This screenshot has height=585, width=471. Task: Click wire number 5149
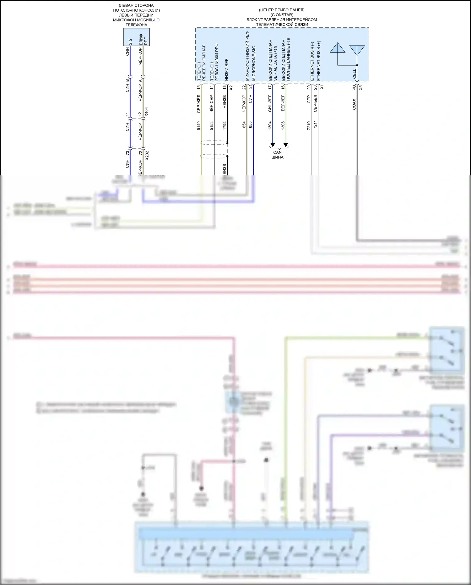(198, 126)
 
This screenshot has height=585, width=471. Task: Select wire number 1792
(224, 126)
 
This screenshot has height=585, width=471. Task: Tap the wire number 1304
(270, 126)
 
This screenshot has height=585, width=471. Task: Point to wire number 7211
(315, 124)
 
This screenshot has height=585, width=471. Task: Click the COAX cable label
(354, 104)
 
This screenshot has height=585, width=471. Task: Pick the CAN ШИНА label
(277, 155)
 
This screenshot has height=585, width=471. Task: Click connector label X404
(147, 112)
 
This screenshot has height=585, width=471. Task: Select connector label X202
(147, 155)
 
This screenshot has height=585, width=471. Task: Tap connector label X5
(360, 88)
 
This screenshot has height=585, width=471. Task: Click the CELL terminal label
(355, 74)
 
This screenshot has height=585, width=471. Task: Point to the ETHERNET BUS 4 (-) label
(312, 62)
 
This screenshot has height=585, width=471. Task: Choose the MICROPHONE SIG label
(254, 63)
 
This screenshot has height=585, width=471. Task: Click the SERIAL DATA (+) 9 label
(275, 63)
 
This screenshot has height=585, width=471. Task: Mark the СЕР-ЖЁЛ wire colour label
(198, 104)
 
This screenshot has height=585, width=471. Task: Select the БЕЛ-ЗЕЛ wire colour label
(283, 103)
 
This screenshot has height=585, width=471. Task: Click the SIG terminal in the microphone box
(130, 42)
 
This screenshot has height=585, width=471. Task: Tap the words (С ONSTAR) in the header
(282, 15)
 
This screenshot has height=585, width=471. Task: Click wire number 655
(250, 124)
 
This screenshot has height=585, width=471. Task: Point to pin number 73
(127, 153)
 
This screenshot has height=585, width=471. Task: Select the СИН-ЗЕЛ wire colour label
(270, 104)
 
